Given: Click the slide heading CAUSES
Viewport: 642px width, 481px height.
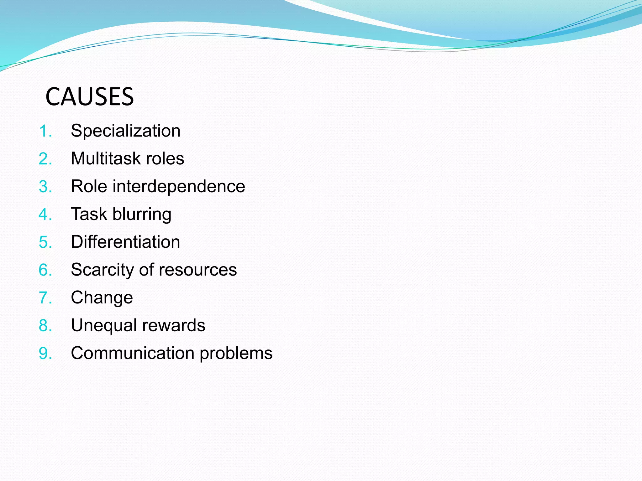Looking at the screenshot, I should click(90, 96).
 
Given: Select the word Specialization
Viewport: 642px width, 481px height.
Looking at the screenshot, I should click(125, 131).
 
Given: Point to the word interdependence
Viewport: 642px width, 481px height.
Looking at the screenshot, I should click(179, 186).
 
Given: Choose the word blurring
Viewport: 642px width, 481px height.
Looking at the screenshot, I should click(142, 215).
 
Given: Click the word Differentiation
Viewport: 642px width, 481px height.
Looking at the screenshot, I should click(125, 242).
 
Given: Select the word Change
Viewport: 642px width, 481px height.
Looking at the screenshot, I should click(102, 297).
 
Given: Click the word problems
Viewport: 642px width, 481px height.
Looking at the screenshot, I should click(236, 354).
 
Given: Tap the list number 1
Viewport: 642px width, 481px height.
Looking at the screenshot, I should click(45, 131).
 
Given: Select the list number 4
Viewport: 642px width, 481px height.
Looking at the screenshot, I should click(45, 215).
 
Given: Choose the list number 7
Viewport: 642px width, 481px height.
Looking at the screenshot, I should click(45, 298).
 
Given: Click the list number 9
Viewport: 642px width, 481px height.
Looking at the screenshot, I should click(45, 354).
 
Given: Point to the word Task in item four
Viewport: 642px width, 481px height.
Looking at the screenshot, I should click(89, 214).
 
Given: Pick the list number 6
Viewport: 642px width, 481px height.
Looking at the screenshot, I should click(45, 270).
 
